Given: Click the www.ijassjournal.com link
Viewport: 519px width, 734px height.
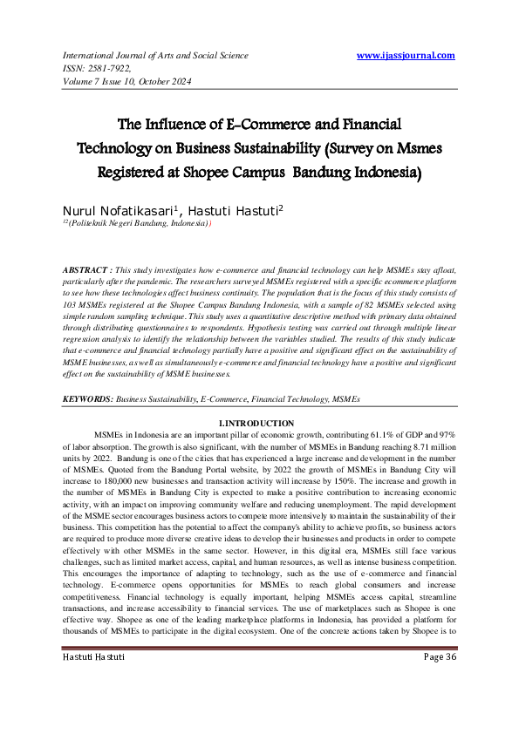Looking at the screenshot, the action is (406, 56).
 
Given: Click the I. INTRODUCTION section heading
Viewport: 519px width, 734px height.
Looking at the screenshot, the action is (259, 423).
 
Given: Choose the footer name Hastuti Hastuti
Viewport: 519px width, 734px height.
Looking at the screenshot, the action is (93, 704).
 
